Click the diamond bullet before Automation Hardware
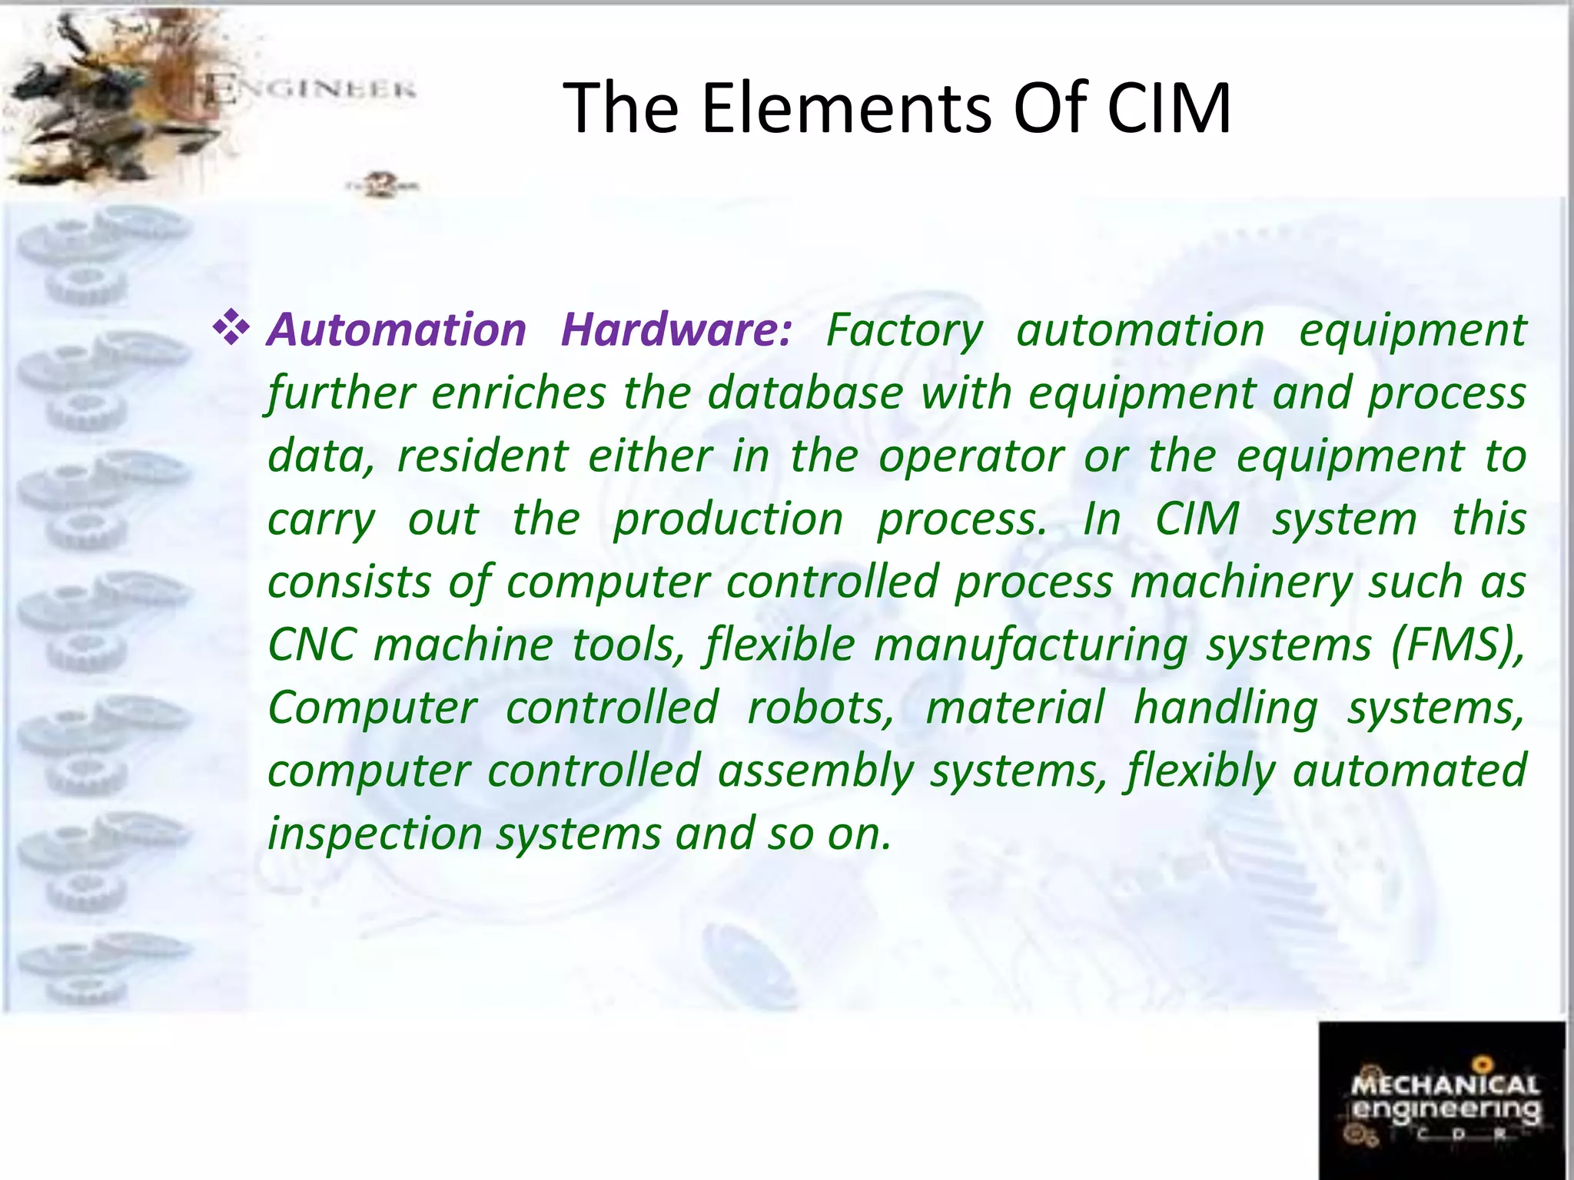coord(231,329)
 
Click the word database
coord(805,393)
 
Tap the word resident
coord(482,456)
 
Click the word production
coord(728,520)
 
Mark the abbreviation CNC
coord(311,645)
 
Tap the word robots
coord(821,708)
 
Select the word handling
coord(1226,708)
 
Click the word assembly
coord(815,771)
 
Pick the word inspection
coord(374,834)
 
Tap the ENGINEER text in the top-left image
coord(311,90)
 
